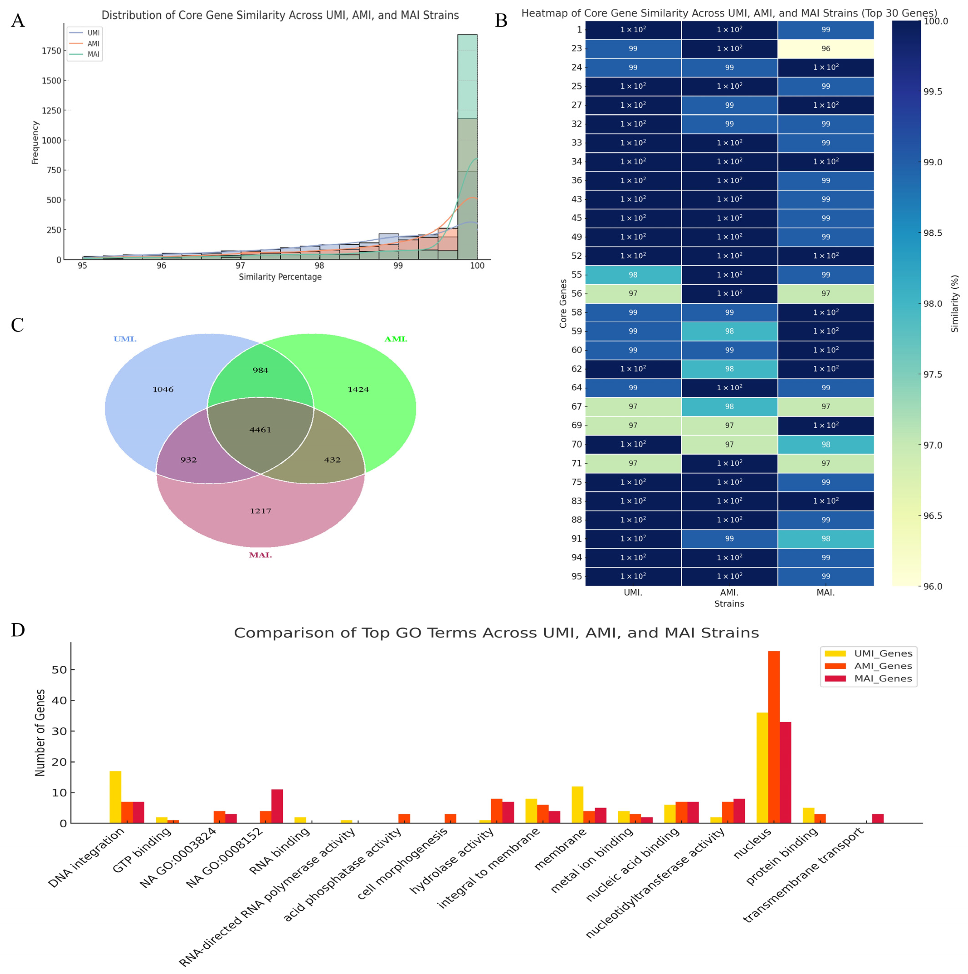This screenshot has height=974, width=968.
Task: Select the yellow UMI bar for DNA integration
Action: [x=116, y=797]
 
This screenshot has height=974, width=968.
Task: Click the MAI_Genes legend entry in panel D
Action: [x=883, y=679]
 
